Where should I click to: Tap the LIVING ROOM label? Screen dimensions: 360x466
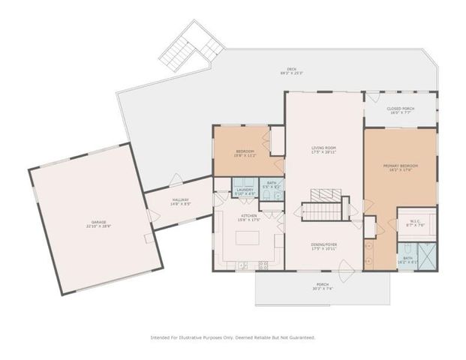pos(323,150)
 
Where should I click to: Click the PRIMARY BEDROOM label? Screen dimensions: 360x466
pos(400,166)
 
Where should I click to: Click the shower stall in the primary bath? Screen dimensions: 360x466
pos(427,256)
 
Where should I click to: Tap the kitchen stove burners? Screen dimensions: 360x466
pos(263,265)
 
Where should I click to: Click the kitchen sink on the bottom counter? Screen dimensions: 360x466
pos(242,265)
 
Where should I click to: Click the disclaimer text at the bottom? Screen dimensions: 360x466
pos(233,337)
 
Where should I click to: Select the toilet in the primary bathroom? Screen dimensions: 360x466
pos(403,248)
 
